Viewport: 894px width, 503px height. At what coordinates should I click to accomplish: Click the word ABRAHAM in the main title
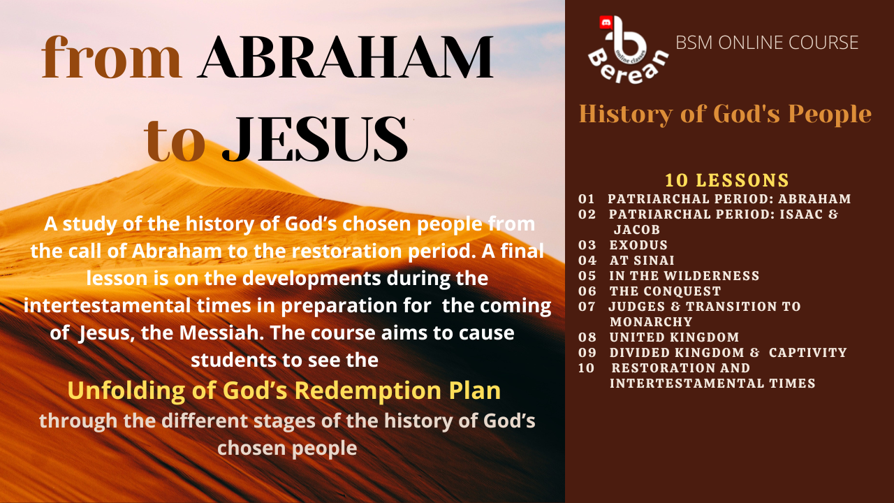346,57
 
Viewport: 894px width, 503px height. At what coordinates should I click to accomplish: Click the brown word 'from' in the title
112,57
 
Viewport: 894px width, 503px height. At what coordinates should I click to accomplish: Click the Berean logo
628,50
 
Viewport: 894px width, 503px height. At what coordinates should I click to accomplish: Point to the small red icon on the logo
606,22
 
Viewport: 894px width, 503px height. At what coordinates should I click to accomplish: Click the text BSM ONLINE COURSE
767,43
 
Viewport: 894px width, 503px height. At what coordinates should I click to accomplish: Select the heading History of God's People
725,115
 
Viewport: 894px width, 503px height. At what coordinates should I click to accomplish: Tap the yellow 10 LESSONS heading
727,180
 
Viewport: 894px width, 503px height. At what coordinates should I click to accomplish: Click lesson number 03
587,245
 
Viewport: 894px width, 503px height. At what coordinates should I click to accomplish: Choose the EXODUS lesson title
638,245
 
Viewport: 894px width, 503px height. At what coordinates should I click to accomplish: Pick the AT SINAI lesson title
642,261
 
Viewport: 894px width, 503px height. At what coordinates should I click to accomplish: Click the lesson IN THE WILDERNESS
684,276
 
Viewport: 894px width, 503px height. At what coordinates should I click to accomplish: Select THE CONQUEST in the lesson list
666,291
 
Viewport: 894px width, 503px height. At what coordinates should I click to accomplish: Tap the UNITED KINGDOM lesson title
675,337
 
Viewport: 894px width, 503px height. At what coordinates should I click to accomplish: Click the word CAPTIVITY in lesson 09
808,353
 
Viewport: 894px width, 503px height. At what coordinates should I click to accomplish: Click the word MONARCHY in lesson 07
651,322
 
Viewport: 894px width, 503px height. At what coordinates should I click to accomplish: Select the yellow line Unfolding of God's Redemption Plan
284,391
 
